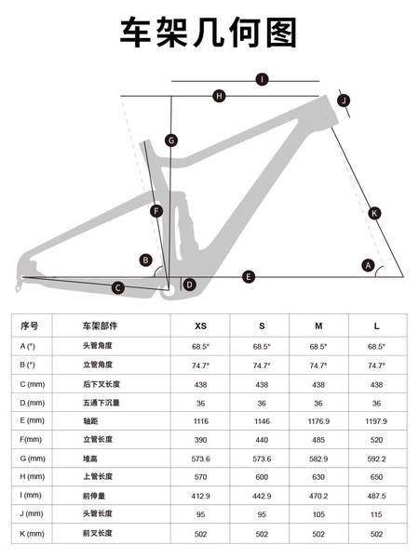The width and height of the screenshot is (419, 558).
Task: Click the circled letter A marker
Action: coord(368,265)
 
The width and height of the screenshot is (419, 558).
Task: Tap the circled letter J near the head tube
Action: coord(344,100)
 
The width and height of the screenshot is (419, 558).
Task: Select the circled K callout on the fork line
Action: coord(374,213)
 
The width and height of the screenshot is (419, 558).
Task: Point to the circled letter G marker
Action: coord(171,140)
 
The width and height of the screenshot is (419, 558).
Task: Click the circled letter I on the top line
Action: coord(263,79)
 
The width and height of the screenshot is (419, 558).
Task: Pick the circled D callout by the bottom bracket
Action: coord(190,285)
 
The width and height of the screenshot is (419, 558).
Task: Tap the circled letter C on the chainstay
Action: coord(118,288)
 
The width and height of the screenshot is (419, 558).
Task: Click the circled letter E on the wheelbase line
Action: coord(249,276)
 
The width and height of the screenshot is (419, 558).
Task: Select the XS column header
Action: coord(200,326)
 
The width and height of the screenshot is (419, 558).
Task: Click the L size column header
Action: coord(376,326)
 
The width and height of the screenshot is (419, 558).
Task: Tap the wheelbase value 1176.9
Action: coord(318,421)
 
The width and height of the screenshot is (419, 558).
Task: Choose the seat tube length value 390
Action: coord(200,440)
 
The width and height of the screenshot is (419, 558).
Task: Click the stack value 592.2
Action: coord(376,458)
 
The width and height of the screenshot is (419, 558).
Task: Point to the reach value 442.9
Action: coord(262,496)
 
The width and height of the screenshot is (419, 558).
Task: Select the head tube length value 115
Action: coord(376,514)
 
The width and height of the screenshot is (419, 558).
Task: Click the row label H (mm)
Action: coord(32,476)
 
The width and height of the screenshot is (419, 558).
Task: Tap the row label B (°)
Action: coord(27,365)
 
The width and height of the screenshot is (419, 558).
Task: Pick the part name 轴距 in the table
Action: coord(90,421)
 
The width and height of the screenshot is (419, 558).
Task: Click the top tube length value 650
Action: coord(376,477)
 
